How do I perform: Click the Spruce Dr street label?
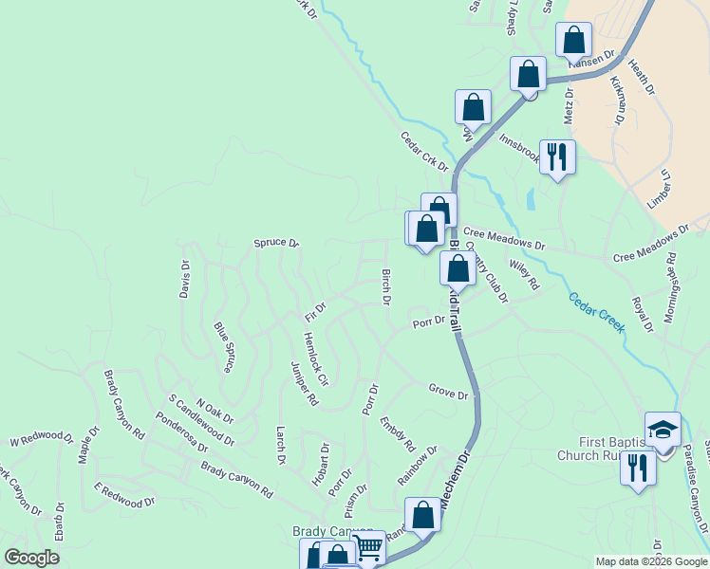pos(276,244)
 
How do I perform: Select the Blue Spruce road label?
pos(225,348)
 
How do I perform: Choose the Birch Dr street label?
pos(386,287)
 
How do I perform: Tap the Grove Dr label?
pos(448,392)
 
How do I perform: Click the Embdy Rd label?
pos(398,433)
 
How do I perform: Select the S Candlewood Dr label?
pos(201,420)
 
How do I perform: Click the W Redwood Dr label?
pos(41,438)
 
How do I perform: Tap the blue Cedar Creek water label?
pos(597,312)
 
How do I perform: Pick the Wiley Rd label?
pos(524,275)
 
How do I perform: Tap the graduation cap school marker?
pos(663,428)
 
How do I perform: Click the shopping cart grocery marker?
pos(368,546)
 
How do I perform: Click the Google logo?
pos(31,558)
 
